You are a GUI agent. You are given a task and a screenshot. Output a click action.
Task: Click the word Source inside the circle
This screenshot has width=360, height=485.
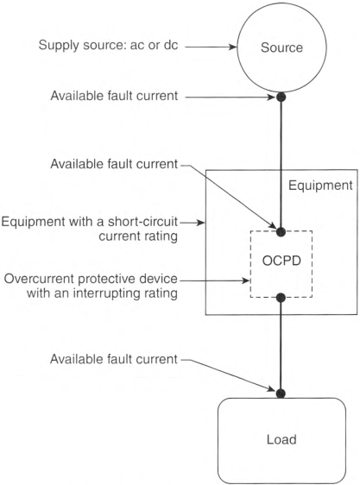coord(281,47)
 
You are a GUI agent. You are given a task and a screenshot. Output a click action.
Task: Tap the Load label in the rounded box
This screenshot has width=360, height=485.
coord(281,439)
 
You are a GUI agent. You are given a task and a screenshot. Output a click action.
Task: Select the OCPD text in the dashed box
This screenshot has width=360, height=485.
coord(281,261)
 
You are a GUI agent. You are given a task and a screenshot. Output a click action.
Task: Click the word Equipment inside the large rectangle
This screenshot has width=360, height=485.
coord(320,186)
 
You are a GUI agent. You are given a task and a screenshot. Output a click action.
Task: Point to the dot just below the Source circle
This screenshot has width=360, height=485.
coord(281,98)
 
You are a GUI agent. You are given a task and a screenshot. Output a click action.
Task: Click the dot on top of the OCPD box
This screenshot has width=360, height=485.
coord(281,231)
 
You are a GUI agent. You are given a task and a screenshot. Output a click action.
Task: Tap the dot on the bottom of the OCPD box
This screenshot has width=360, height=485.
coord(281,298)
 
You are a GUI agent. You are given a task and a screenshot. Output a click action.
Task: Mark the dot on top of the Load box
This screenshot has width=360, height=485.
coord(281,394)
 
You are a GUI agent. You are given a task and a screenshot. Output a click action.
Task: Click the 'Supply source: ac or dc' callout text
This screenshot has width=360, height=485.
coord(108,45)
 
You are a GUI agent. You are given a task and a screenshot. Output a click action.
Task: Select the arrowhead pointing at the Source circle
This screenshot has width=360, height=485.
coord(233,47)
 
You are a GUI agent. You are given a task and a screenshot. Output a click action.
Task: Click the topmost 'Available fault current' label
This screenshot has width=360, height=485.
coord(114,96)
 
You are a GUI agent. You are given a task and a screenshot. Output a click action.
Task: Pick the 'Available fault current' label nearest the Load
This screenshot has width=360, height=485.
coord(114,359)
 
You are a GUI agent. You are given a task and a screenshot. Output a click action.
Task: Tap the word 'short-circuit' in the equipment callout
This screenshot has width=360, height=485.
coord(143,222)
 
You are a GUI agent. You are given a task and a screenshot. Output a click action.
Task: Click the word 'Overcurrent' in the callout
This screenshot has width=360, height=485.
coord(40,279)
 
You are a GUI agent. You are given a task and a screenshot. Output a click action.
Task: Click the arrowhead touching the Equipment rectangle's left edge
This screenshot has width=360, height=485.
coord(201,223)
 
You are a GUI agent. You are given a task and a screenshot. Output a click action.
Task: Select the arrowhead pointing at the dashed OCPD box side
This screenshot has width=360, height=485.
coord(246,280)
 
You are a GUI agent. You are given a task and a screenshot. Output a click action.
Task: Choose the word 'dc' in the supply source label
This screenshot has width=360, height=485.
coord(171,45)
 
